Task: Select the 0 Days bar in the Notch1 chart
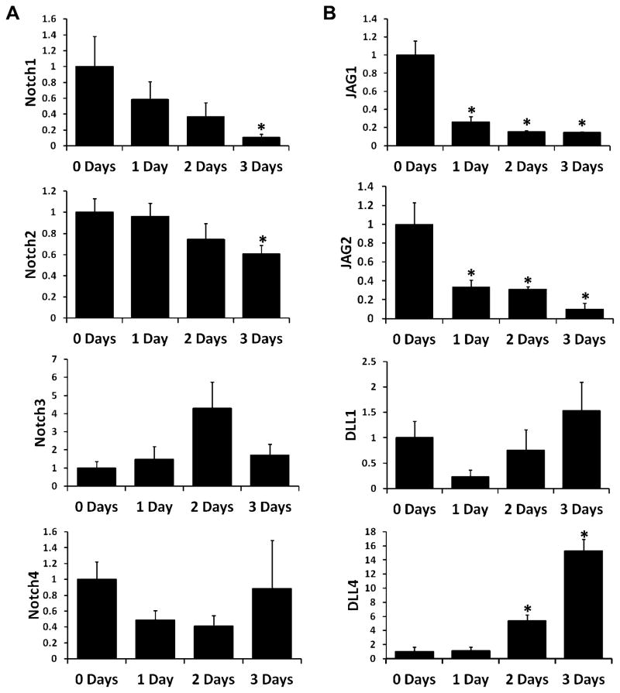[95, 106]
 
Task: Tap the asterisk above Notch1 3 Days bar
[261, 128]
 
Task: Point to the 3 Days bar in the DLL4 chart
[582, 605]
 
